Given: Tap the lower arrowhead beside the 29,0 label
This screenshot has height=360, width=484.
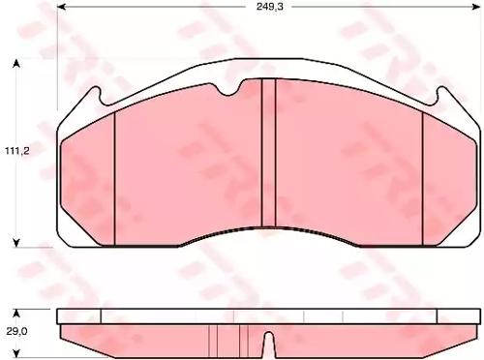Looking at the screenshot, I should (16, 345).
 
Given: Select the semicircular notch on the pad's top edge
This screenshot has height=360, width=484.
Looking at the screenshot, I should (229, 89).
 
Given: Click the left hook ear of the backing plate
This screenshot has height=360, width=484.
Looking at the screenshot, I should (97, 97).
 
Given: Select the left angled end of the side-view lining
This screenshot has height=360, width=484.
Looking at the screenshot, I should (64, 332).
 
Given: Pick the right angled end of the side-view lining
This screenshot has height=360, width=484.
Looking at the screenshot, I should (471, 332).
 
